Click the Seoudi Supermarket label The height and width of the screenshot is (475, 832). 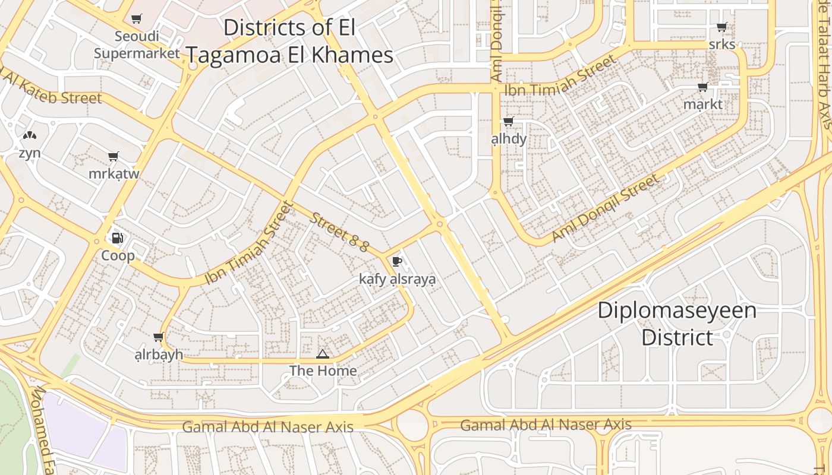coord(137,45)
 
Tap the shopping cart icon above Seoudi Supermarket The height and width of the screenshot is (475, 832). coord(137,18)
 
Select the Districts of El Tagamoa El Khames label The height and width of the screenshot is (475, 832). coord(290,42)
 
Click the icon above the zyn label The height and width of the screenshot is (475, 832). coord(29,136)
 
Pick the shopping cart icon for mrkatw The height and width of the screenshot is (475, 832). coord(114,157)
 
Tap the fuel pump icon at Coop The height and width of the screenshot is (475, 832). coord(118,238)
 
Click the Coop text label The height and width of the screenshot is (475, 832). coord(118,256)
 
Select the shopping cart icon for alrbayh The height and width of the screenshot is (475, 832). coord(158,337)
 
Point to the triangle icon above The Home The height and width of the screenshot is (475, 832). coord(323,354)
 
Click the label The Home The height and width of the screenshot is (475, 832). coord(323,371)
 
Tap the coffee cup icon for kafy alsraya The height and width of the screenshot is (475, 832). coord(397,261)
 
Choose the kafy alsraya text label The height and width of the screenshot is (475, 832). coord(397,279)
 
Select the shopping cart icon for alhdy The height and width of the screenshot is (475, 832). coord(508,122)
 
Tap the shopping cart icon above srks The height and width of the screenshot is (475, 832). coord(721,27)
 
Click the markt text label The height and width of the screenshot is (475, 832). coord(703,104)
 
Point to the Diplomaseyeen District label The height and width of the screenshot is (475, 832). coord(677,324)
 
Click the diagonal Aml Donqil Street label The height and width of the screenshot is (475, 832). coord(605,208)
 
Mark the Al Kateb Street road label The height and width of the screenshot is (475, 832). coord(53,89)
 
